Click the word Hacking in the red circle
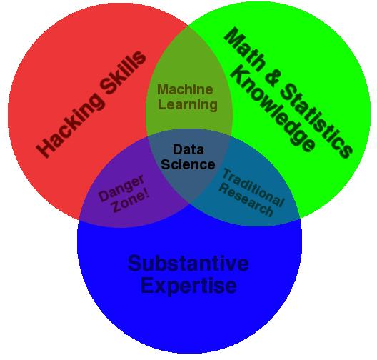click(x=70, y=125)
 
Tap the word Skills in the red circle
click(x=123, y=73)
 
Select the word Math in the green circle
click(x=245, y=49)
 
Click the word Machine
click(x=185, y=89)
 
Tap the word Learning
click(x=188, y=105)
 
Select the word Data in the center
click(x=188, y=149)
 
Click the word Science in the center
click(x=188, y=164)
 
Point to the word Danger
click(x=121, y=188)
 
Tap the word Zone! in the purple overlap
click(x=131, y=201)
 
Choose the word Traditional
click(x=253, y=187)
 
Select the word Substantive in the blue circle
click(x=188, y=264)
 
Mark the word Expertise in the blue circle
click(x=188, y=286)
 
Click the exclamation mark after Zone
click(x=145, y=194)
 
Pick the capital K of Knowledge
click(x=241, y=75)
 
